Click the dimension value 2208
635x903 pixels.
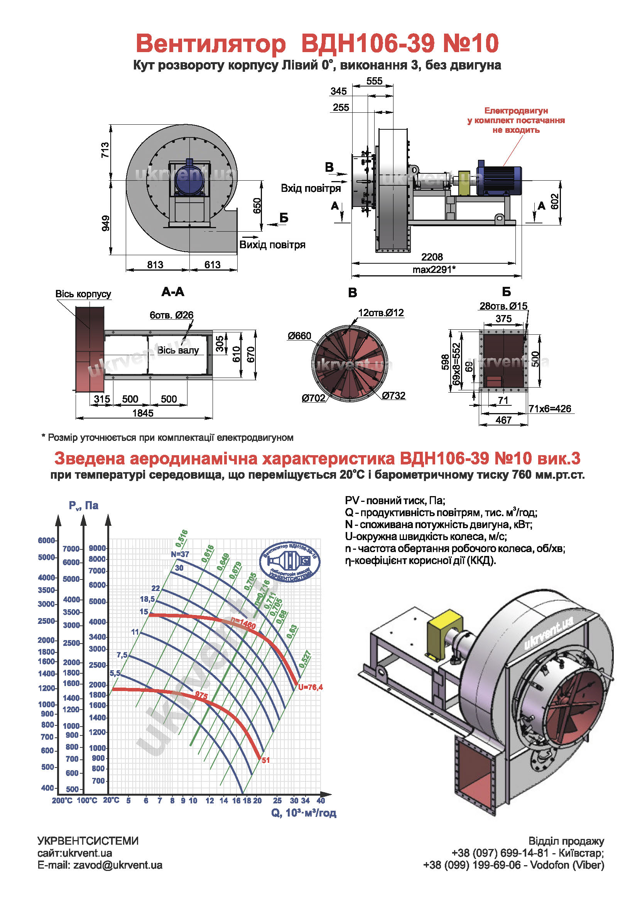click(432, 257)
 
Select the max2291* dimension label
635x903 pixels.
click(434, 269)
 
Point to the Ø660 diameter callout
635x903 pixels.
click(299, 336)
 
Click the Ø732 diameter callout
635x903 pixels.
click(393, 396)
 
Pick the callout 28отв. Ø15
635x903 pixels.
click(503, 306)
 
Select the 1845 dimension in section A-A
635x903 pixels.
click(143, 413)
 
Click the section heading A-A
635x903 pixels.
click(173, 292)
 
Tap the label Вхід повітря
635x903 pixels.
click(311, 188)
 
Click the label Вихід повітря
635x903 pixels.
click(272, 245)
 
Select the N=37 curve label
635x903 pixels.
click(180, 554)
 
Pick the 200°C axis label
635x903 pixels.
click(62, 800)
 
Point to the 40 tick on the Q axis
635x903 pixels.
click(321, 800)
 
